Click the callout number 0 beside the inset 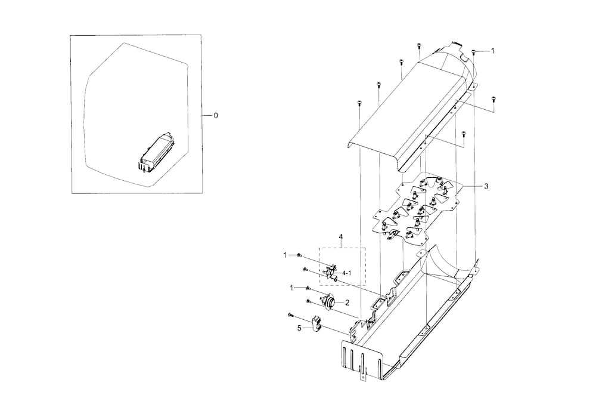pyautogui.click(x=216, y=115)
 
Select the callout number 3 pyautogui.click(x=486, y=187)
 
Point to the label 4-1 pyautogui.click(x=346, y=273)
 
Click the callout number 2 pyautogui.click(x=347, y=303)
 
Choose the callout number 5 pyautogui.click(x=300, y=327)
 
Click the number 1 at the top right pyautogui.click(x=492, y=51)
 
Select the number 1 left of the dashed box pyautogui.click(x=285, y=255)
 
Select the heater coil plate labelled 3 pyautogui.click(x=417, y=209)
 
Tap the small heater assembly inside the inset pyautogui.click(x=157, y=153)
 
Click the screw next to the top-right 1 pyautogui.click(x=474, y=52)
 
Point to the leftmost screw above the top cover pyautogui.click(x=359, y=104)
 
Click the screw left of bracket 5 pyautogui.click(x=290, y=314)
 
